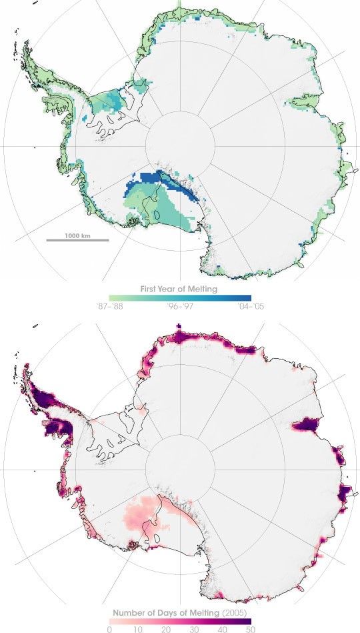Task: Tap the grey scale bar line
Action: [x=77, y=240]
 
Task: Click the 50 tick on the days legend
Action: [x=249, y=626]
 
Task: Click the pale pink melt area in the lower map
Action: [x=143, y=517]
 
